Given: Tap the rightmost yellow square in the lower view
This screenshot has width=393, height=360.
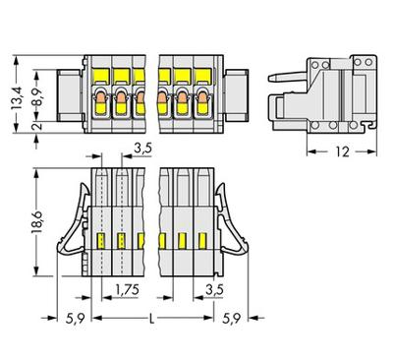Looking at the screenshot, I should tap(204, 239).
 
